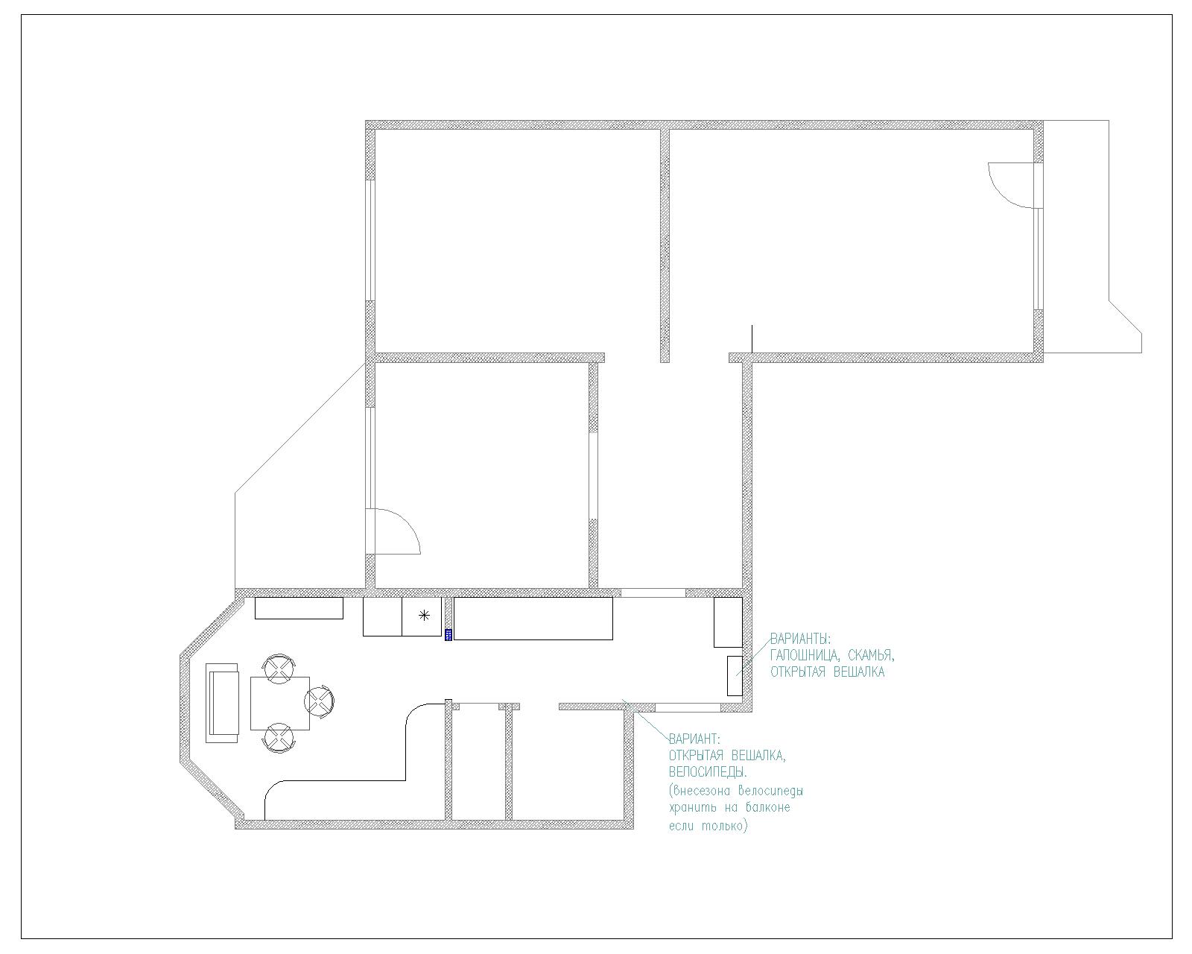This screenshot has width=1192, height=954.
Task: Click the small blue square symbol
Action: tap(448, 635)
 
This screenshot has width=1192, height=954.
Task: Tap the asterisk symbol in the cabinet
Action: tap(424, 615)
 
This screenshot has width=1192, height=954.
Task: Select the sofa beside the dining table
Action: tap(222, 703)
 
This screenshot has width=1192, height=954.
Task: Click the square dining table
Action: tap(279, 703)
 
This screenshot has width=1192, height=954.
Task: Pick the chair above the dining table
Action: tap(279, 669)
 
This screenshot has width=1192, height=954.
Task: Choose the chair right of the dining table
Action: tap(320, 702)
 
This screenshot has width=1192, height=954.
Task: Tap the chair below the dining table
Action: tap(279, 737)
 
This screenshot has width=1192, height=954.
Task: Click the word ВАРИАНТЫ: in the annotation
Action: tap(801, 638)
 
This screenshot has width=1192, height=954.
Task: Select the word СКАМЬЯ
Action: tap(872, 655)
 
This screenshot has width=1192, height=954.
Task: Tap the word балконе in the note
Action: tap(766, 808)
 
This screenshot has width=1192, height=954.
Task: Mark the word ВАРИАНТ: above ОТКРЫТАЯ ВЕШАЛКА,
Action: tap(694, 739)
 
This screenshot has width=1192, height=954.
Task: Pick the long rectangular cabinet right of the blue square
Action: tap(533, 619)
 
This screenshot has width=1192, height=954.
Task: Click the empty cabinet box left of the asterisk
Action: tap(383, 616)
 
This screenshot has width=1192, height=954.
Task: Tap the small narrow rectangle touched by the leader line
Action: tap(735, 676)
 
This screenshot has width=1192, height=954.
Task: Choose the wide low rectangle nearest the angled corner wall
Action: tap(299, 608)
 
